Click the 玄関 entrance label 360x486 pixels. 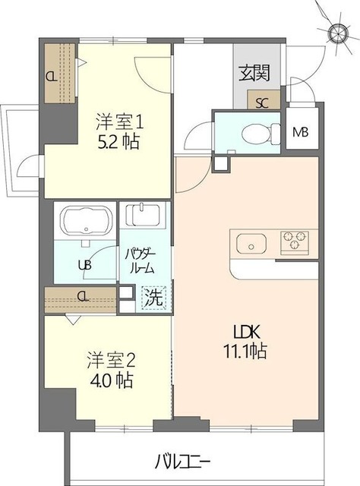(x=254, y=73)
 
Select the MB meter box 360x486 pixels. (x=301, y=133)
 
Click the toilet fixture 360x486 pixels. (x=261, y=134)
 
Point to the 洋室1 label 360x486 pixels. (x=120, y=121)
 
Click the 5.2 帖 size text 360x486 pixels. (x=118, y=142)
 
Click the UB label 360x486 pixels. (x=84, y=265)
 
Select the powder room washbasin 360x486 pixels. (x=143, y=214)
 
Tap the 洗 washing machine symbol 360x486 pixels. (x=153, y=298)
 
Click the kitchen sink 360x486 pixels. (x=251, y=243)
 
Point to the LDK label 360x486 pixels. (x=245, y=333)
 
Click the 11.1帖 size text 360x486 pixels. (x=245, y=352)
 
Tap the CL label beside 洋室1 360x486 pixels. (x=52, y=76)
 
